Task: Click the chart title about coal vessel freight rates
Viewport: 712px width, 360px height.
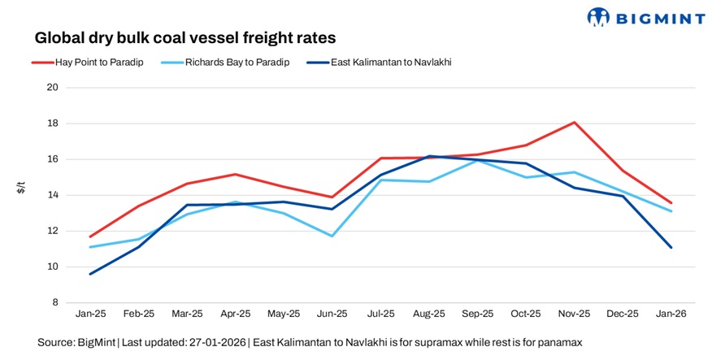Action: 185,37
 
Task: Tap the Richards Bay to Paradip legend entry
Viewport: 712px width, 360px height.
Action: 232,62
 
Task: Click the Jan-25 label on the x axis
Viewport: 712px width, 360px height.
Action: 89,313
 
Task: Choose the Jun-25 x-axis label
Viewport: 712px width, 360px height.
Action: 332,313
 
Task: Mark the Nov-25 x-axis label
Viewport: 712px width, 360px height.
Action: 575,313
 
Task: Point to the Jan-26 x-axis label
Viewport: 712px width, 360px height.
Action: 671,313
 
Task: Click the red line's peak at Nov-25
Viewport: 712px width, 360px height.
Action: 575,123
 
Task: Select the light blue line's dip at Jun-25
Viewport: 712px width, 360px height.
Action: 332,236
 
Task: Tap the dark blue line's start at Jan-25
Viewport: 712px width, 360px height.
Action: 89,274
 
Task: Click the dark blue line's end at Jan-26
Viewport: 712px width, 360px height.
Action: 671,247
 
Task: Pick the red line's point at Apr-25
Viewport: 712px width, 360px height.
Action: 235,174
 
